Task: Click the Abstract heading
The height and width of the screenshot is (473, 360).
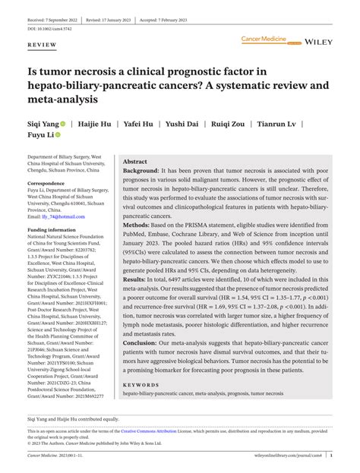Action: pyautogui.click(x=135, y=162)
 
